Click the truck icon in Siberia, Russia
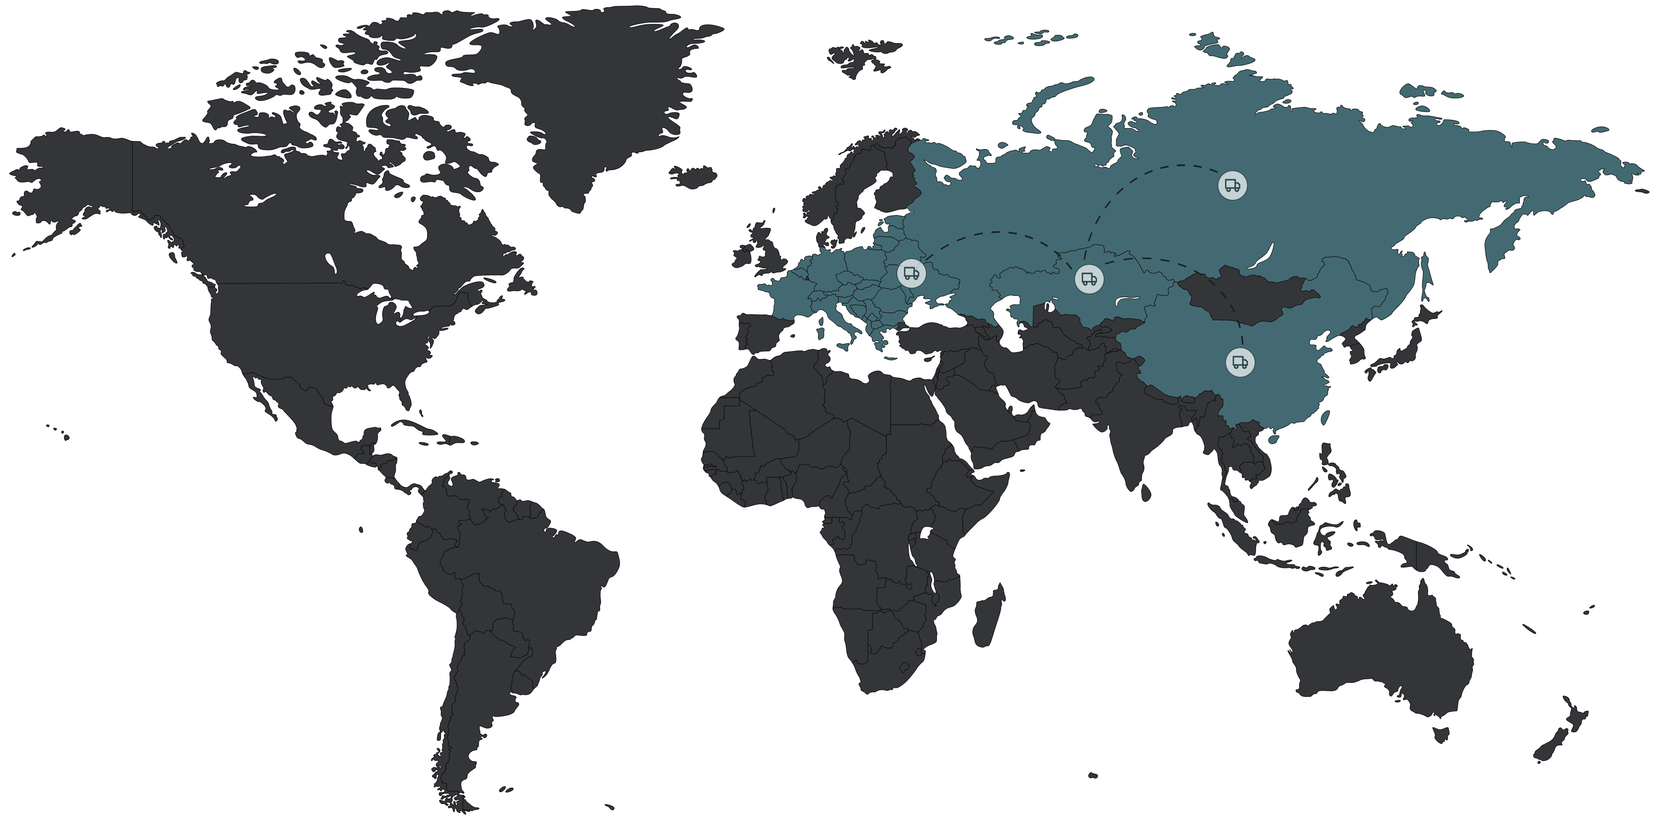click(x=1232, y=186)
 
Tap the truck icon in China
click(x=1240, y=362)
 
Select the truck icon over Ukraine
click(x=911, y=273)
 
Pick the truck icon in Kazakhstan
click(x=1089, y=279)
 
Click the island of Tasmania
click(x=1442, y=734)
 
